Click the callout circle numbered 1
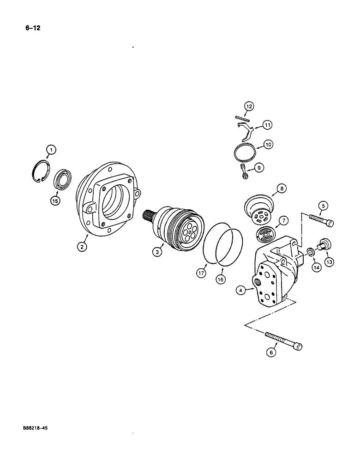pos(51,149)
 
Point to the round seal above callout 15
pos(62,178)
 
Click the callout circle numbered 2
pos(82,247)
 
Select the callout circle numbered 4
pos(240,291)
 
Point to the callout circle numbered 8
pos(282,188)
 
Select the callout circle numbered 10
pos(268,144)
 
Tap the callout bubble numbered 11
pos(268,125)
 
